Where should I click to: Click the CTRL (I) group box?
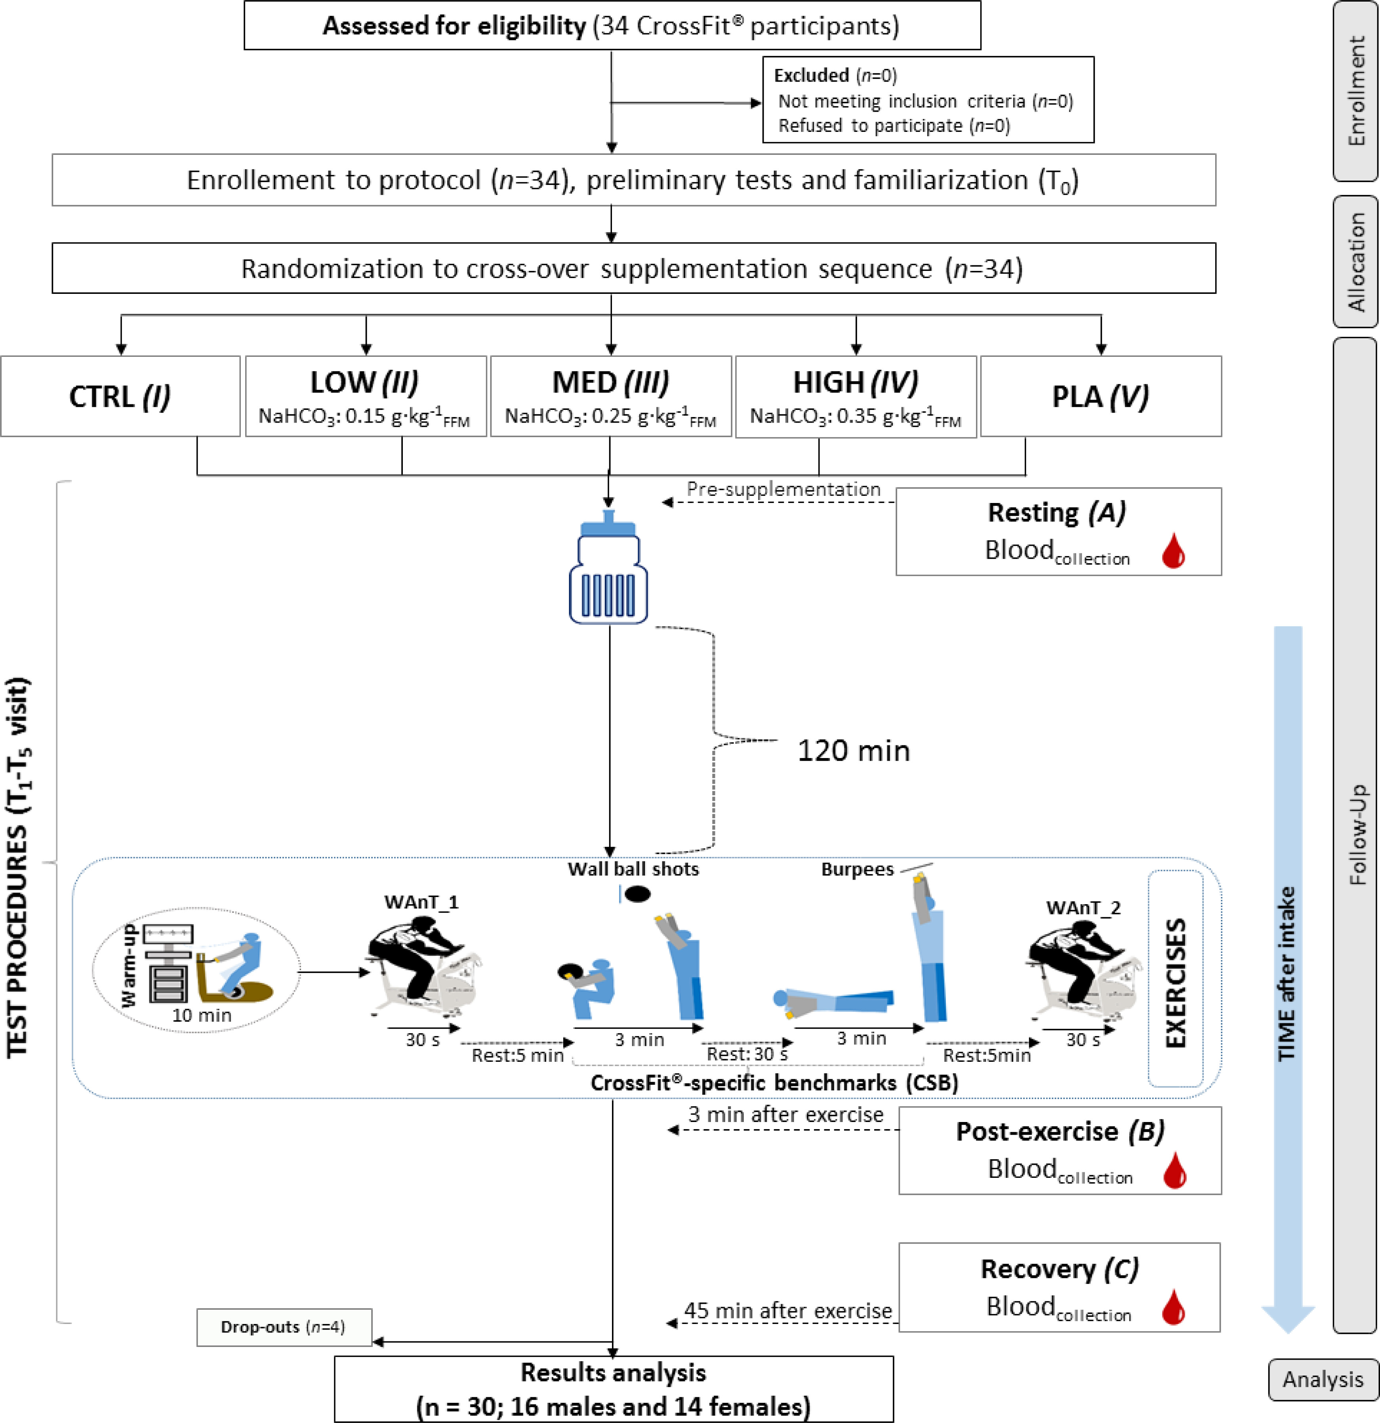[x=120, y=396]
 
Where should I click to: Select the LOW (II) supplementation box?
[x=366, y=396]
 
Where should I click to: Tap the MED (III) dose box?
[x=610, y=396]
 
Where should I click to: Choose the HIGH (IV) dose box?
[x=856, y=396]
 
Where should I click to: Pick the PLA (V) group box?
[x=1100, y=396]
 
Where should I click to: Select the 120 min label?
[x=853, y=751]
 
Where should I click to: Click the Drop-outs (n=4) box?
[x=284, y=1327]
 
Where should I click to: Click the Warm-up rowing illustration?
[x=196, y=969]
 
